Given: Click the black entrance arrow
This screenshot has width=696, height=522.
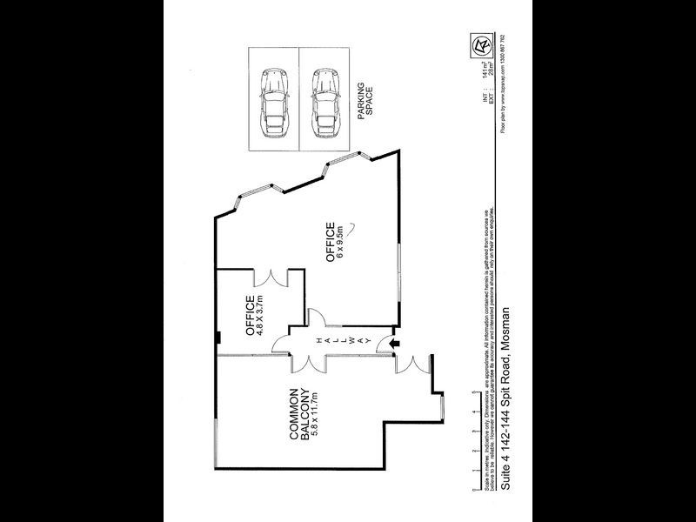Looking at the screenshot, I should click(392, 346).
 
